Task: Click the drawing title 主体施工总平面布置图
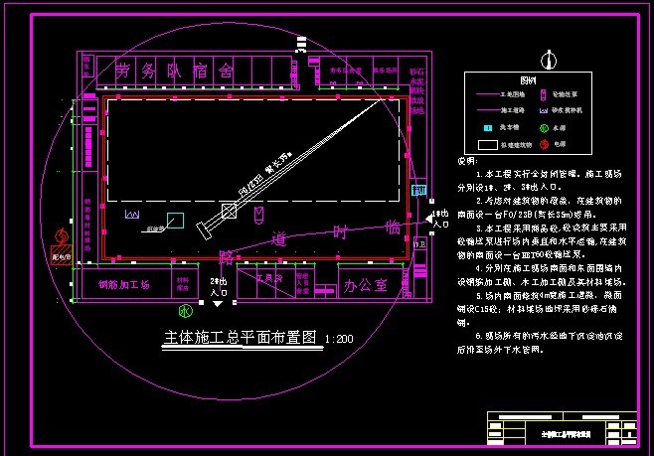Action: point(240,338)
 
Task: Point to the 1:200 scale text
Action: point(339,340)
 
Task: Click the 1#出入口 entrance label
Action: point(437,219)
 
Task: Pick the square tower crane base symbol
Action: point(228,211)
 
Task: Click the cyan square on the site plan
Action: point(175,220)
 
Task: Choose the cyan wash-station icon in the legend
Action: point(488,127)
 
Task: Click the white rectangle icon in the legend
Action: point(488,144)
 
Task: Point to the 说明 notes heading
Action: point(465,161)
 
